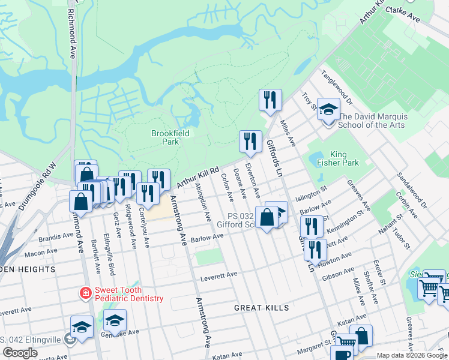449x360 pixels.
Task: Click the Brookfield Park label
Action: coord(165,137)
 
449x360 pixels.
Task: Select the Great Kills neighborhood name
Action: coord(262,308)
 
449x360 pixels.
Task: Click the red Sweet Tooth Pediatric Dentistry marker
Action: coord(86,293)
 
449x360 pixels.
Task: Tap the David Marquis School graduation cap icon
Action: coord(328,109)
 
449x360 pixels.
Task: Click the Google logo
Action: coord(20,353)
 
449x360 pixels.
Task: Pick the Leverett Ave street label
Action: coord(219,275)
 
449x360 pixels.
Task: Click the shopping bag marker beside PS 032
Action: coord(267,217)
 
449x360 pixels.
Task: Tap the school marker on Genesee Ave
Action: coord(115,320)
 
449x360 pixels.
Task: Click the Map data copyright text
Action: coord(411,355)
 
